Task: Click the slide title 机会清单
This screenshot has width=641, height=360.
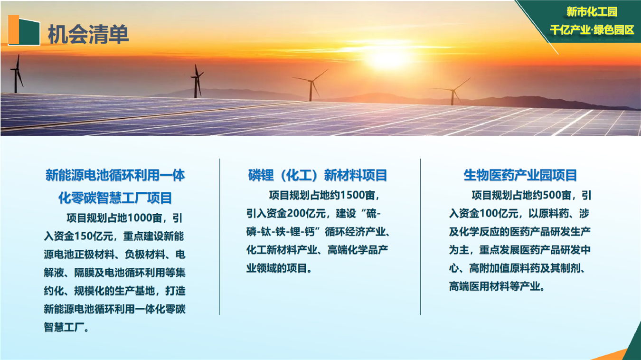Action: point(88,34)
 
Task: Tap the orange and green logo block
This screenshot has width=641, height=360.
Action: point(24,30)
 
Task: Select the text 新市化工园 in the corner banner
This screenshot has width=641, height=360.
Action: point(592,12)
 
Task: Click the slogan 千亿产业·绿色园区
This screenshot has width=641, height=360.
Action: point(592,30)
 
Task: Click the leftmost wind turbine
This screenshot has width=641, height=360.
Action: point(17,74)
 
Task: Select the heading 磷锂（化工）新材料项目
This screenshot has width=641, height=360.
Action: point(317,175)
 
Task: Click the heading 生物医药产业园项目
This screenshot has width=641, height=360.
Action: point(520,175)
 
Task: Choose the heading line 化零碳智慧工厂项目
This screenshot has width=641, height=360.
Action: point(115,198)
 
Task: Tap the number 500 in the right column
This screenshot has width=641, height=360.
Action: point(552,195)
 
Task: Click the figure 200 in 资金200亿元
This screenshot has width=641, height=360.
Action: point(296,213)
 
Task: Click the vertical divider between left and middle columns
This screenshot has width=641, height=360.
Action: point(220,237)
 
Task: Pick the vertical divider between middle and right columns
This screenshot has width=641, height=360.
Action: point(420,237)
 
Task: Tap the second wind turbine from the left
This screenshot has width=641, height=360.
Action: point(197,81)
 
